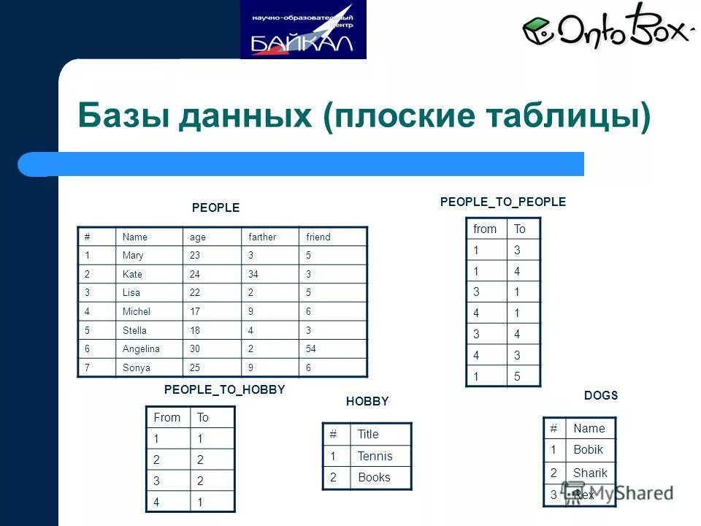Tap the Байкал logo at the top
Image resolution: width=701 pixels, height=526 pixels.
pyautogui.click(x=303, y=30)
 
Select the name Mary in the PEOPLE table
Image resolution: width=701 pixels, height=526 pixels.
pyautogui.click(x=133, y=256)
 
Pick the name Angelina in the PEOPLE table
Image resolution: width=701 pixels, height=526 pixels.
pyautogui.click(x=142, y=349)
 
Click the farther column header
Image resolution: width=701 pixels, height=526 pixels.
pyautogui.click(x=261, y=237)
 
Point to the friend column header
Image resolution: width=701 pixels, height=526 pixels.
pyautogui.click(x=318, y=237)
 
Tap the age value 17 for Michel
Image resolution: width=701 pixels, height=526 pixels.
pyautogui.click(x=195, y=312)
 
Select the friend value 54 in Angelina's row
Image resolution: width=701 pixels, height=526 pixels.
pyautogui.click(x=311, y=349)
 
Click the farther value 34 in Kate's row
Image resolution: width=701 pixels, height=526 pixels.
pyautogui.click(x=254, y=275)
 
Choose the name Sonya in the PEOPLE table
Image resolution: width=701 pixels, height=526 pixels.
pyautogui.click(x=136, y=368)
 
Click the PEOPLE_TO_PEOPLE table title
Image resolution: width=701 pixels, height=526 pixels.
pyautogui.click(x=503, y=202)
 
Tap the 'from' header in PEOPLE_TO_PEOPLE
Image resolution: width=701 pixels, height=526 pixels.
pyautogui.click(x=485, y=229)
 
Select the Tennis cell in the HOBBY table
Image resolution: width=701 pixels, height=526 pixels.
pyautogui.click(x=375, y=457)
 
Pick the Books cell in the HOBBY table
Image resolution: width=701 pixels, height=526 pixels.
pyautogui.click(x=374, y=478)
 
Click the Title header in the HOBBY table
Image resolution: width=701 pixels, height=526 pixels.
pyautogui.click(x=368, y=435)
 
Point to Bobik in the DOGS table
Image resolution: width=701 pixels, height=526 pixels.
pyautogui.click(x=588, y=450)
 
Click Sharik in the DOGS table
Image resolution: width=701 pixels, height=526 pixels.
pyautogui.click(x=590, y=473)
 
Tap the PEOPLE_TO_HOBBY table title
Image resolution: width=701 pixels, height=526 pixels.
pyautogui.click(x=224, y=390)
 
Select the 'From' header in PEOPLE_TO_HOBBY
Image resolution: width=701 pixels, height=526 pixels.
pyautogui.click(x=166, y=418)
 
